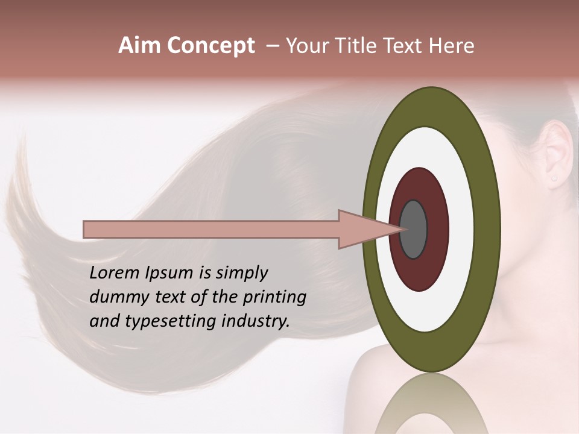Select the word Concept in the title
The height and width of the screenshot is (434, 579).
click(210, 46)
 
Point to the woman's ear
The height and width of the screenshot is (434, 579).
click(558, 154)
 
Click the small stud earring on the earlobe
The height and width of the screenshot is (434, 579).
click(554, 178)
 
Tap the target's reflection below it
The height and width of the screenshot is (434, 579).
click(431, 404)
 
